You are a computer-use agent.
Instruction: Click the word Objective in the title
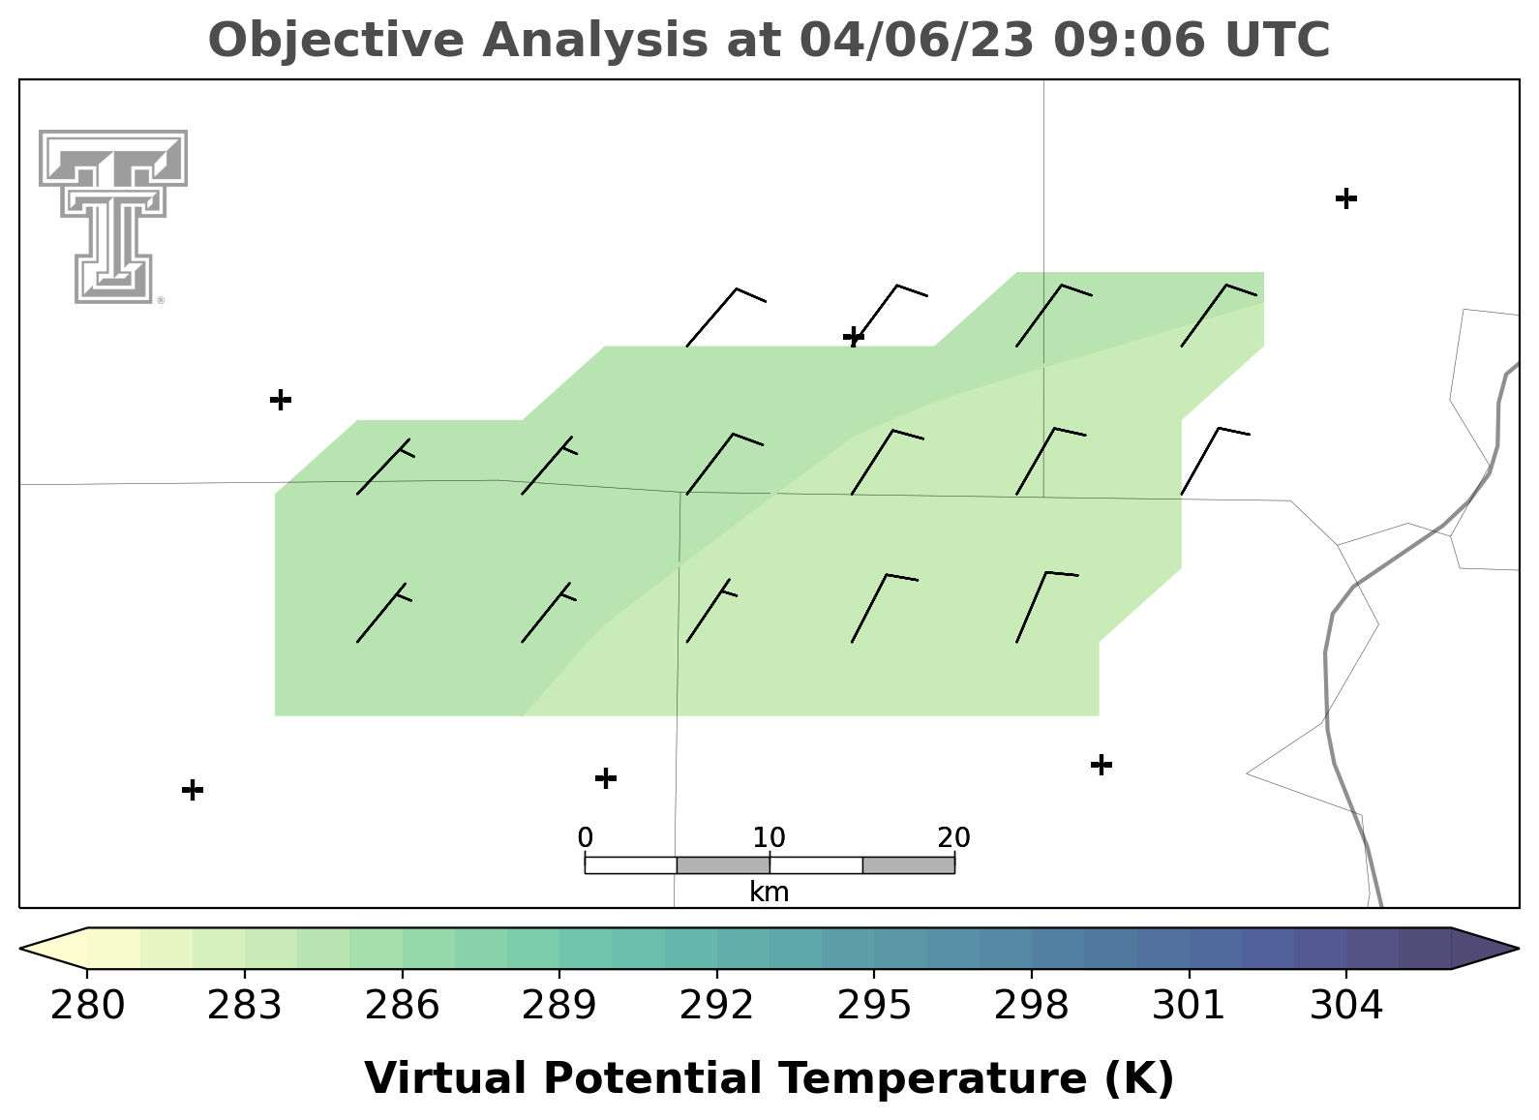click(336, 41)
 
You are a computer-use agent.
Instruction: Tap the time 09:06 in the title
click(1130, 40)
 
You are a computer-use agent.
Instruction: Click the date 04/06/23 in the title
click(917, 41)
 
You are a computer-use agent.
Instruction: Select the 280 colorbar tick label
click(87, 1006)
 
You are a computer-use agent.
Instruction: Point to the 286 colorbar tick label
click(402, 1006)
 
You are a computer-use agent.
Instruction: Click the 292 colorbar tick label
click(716, 1006)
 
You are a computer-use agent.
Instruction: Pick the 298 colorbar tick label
click(1031, 1006)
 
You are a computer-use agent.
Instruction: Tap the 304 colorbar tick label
click(1346, 1006)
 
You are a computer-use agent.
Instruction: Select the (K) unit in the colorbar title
click(1140, 1078)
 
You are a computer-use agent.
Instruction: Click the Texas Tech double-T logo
click(113, 217)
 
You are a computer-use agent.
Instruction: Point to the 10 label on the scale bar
click(769, 837)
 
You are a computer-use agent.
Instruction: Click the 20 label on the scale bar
click(953, 837)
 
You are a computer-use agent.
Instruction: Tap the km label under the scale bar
click(769, 892)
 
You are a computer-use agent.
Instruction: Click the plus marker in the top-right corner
click(1346, 198)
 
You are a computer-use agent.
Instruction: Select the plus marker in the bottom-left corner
click(193, 790)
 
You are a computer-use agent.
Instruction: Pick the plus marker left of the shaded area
click(281, 399)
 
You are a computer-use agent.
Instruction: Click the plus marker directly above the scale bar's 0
click(605, 778)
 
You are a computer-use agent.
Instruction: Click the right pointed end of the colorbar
click(1517, 949)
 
